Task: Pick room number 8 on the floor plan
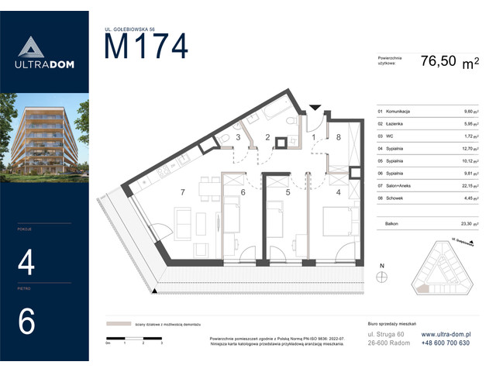click(x=339, y=137)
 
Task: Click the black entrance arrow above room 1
click(x=314, y=108)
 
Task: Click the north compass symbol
click(x=381, y=277)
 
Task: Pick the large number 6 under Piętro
click(x=26, y=322)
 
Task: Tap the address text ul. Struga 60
click(x=385, y=334)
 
